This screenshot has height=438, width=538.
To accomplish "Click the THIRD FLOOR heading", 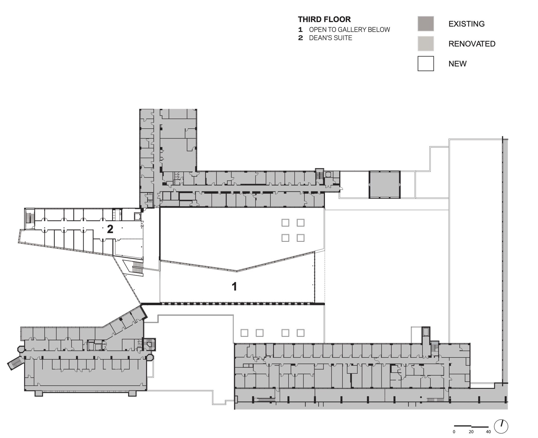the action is coord(324,19).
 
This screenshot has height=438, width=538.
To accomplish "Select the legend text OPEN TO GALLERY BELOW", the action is coord(349,30).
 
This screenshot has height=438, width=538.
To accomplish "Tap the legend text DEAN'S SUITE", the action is coord(331,38).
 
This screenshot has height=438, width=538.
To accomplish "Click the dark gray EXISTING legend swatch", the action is coord(426,24).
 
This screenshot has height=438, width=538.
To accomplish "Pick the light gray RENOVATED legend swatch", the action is coord(426,44).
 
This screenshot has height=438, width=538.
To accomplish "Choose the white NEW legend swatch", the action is coord(426,63).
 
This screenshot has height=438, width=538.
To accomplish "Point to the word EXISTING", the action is coord(466,24).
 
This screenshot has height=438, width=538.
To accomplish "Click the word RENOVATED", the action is coord(472,44).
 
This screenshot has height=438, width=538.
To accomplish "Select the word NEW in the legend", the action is coord(457,64).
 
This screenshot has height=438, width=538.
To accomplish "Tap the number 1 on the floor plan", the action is coord(234,287).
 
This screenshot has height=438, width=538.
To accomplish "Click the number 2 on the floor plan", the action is coord(110,229).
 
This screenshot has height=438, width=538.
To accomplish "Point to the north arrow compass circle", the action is coord(501,427).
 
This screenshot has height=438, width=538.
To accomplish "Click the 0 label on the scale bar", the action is coord(454,432).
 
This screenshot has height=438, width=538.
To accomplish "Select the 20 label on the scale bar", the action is coord(471,432).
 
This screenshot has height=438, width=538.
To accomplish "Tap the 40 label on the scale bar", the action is coord(488,432).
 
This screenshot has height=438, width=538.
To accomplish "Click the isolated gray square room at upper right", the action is coord(384,185).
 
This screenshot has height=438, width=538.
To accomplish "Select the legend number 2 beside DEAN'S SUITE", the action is coord(300,38).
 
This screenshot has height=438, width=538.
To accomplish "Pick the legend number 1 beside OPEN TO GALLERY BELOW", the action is coord(300,30).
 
